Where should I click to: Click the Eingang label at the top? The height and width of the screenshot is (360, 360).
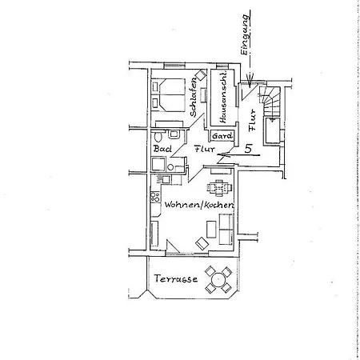click(x=245, y=34)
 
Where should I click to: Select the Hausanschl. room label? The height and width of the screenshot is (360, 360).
click(x=222, y=97)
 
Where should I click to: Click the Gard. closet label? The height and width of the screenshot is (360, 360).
click(x=222, y=136)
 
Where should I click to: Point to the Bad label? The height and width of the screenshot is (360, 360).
click(x=162, y=148)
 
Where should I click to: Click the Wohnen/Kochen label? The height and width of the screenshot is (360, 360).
click(x=199, y=205)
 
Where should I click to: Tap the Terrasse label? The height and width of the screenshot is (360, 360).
click(x=176, y=278)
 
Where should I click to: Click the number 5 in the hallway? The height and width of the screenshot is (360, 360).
click(x=249, y=149)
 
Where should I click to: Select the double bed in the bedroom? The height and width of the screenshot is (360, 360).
click(x=168, y=94)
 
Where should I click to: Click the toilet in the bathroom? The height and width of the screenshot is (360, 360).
click(x=158, y=136)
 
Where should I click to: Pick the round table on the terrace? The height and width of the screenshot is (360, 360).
click(x=218, y=279)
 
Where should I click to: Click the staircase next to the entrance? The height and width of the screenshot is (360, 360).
click(x=270, y=102)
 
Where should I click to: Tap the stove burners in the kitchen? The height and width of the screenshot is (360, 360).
click(x=155, y=197)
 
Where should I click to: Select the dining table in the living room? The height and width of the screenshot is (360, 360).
click(x=219, y=187)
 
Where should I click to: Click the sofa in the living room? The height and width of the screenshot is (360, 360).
click(x=226, y=229)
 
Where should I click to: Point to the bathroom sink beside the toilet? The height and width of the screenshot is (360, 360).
click(x=174, y=134)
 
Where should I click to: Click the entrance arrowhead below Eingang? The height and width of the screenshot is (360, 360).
click(x=250, y=79)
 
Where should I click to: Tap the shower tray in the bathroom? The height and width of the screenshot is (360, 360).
click(x=158, y=164)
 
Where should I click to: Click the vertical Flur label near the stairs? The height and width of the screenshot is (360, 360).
click(x=252, y=120)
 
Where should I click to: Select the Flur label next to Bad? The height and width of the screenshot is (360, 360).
click(x=205, y=149)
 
